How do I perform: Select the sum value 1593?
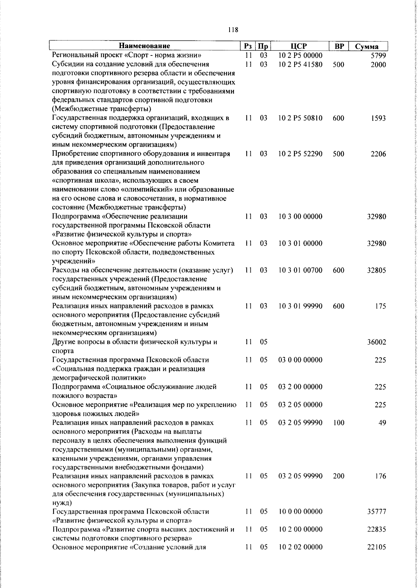[x=378, y=118]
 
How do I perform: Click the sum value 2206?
[x=378, y=154]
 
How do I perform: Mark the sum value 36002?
[x=376, y=342]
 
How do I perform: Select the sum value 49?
[x=382, y=423]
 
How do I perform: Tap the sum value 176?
[x=380, y=476]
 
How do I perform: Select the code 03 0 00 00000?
[x=300, y=360]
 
